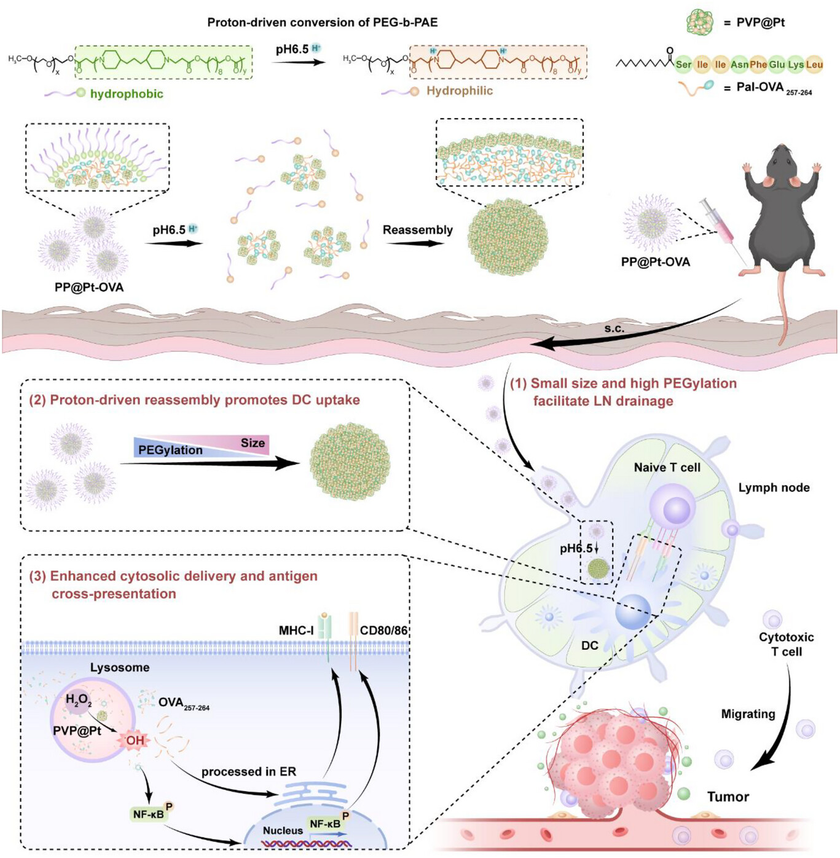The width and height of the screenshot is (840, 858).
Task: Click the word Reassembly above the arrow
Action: point(417,230)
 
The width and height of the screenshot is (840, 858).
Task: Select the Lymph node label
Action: point(774,487)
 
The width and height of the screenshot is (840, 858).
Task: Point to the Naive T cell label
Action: point(667,467)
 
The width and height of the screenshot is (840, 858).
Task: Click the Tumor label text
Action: point(728,797)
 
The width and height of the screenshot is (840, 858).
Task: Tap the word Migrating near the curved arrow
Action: point(747,714)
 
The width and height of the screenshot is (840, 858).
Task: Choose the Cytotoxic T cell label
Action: point(786,644)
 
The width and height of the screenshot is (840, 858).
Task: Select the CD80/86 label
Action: point(384,631)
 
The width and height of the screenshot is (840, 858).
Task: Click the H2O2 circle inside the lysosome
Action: point(79,700)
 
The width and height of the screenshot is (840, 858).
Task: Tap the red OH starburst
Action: point(135,740)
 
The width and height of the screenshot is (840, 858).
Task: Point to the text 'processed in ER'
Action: point(248,771)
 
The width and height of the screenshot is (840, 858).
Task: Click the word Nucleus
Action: point(283,830)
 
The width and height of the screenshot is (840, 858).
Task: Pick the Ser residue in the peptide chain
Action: point(683,65)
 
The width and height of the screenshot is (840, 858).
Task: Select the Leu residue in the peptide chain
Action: point(814,65)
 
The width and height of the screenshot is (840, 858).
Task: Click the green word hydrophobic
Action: point(127,94)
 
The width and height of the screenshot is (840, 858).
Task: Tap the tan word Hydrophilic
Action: point(460,91)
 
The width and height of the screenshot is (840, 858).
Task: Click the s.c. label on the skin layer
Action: point(614,329)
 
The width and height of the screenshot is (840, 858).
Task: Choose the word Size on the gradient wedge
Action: point(253,443)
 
